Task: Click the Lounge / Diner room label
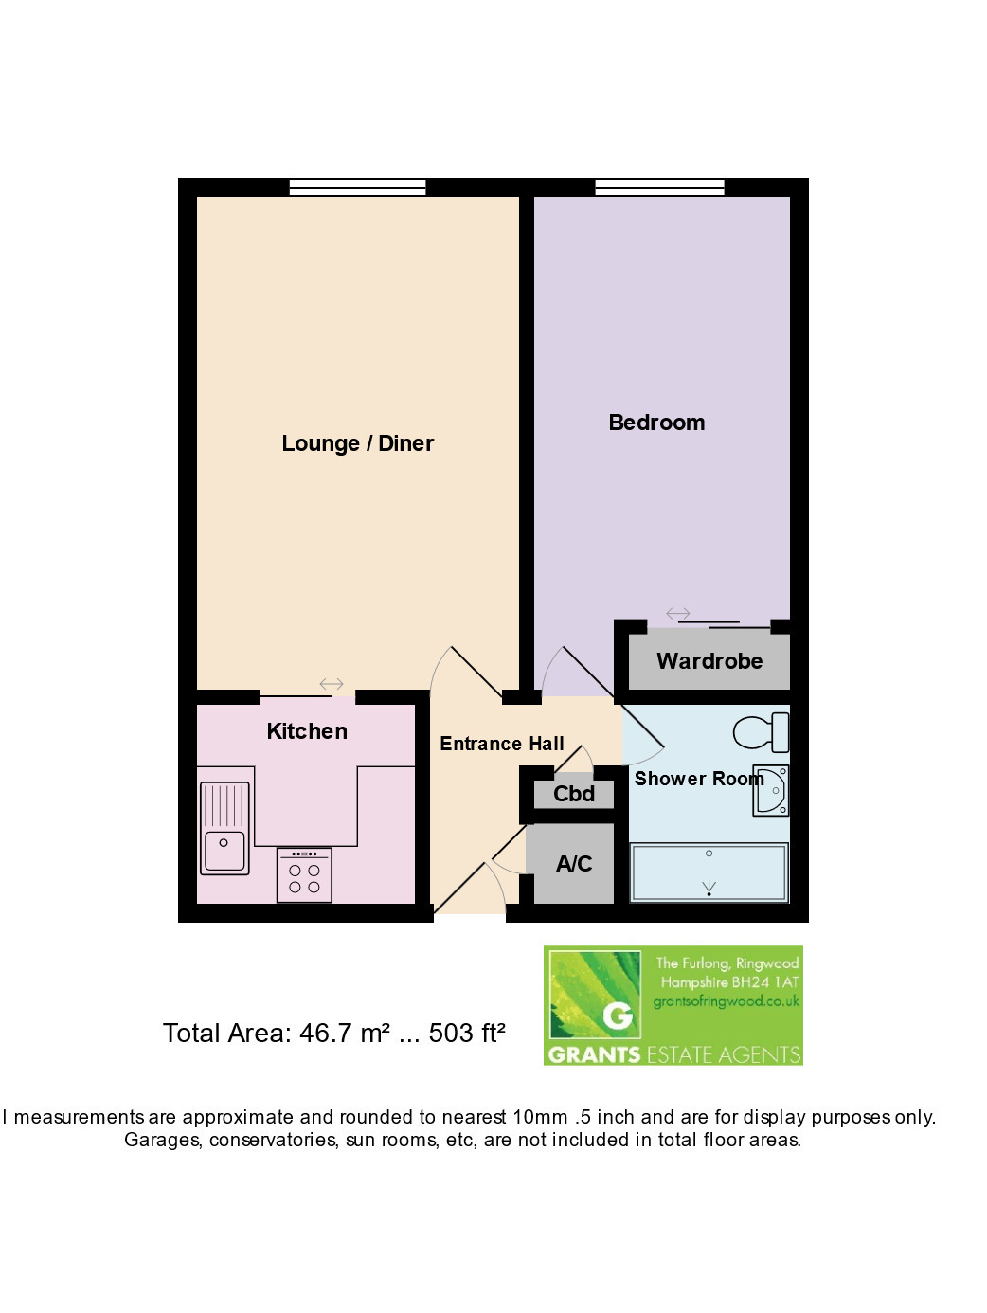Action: click(x=357, y=444)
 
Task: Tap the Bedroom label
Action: click(x=656, y=423)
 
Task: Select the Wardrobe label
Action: click(x=709, y=661)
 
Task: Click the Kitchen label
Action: click(x=307, y=731)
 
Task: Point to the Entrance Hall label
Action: click(x=502, y=744)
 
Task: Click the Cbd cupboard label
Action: click(x=574, y=794)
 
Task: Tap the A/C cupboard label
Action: click(x=574, y=864)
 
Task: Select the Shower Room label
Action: click(x=699, y=778)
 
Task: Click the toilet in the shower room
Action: click(x=761, y=731)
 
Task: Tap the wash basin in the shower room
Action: click(x=771, y=790)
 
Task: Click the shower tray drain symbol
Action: click(x=709, y=889)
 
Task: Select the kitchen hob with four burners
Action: click(x=304, y=874)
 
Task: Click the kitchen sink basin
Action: click(x=224, y=851)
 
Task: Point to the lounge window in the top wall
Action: click(x=357, y=188)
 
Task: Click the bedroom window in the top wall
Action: click(x=659, y=188)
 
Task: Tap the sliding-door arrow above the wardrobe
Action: click(x=678, y=613)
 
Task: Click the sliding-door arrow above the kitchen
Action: click(x=332, y=683)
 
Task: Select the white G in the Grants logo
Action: click(x=618, y=1016)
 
